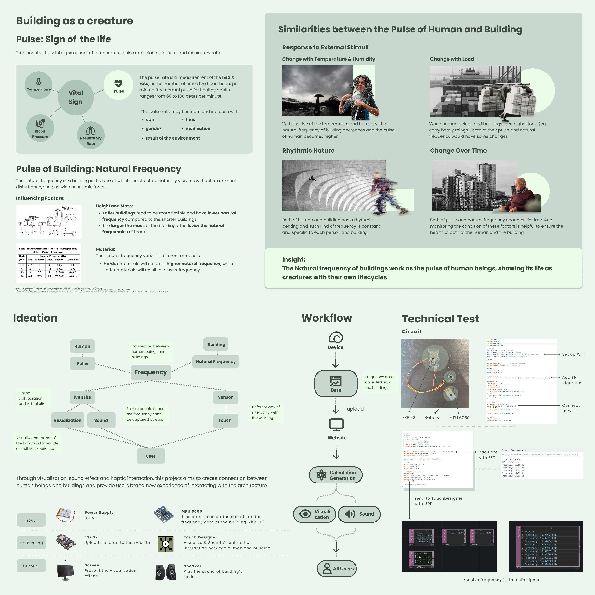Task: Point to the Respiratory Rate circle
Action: click(91, 136)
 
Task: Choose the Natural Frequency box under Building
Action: click(216, 362)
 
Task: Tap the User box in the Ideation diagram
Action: click(151, 456)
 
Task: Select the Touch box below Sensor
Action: click(225, 420)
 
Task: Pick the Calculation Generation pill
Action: click(336, 475)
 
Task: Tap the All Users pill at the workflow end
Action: click(337, 569)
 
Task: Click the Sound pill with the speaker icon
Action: click(359, 514)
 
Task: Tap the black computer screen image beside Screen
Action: click(65, 572)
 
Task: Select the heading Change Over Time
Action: click(458, 151)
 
